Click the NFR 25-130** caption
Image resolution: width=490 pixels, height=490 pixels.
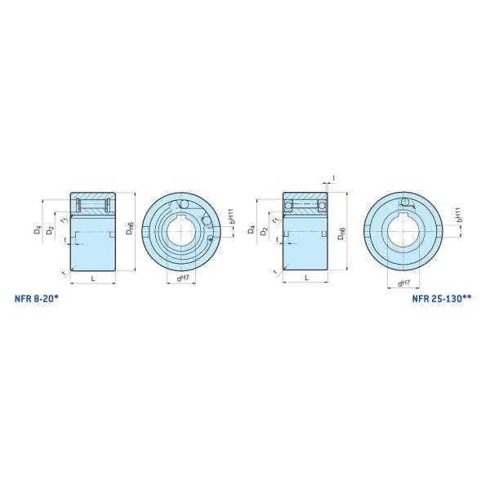(x=442, y=299)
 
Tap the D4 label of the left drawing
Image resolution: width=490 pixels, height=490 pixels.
(x=38, y=231)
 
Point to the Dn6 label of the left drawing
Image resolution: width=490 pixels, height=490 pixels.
(x=131, y=231)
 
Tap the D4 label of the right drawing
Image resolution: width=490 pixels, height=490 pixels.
(x=252, y=231)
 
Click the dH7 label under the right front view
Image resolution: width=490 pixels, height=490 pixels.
(x=403, y=283)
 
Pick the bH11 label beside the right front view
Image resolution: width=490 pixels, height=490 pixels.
(x=460, y=214)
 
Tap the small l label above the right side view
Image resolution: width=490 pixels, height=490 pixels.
(x=334, y=176)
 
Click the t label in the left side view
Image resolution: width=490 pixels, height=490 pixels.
(x=65, y=240)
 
